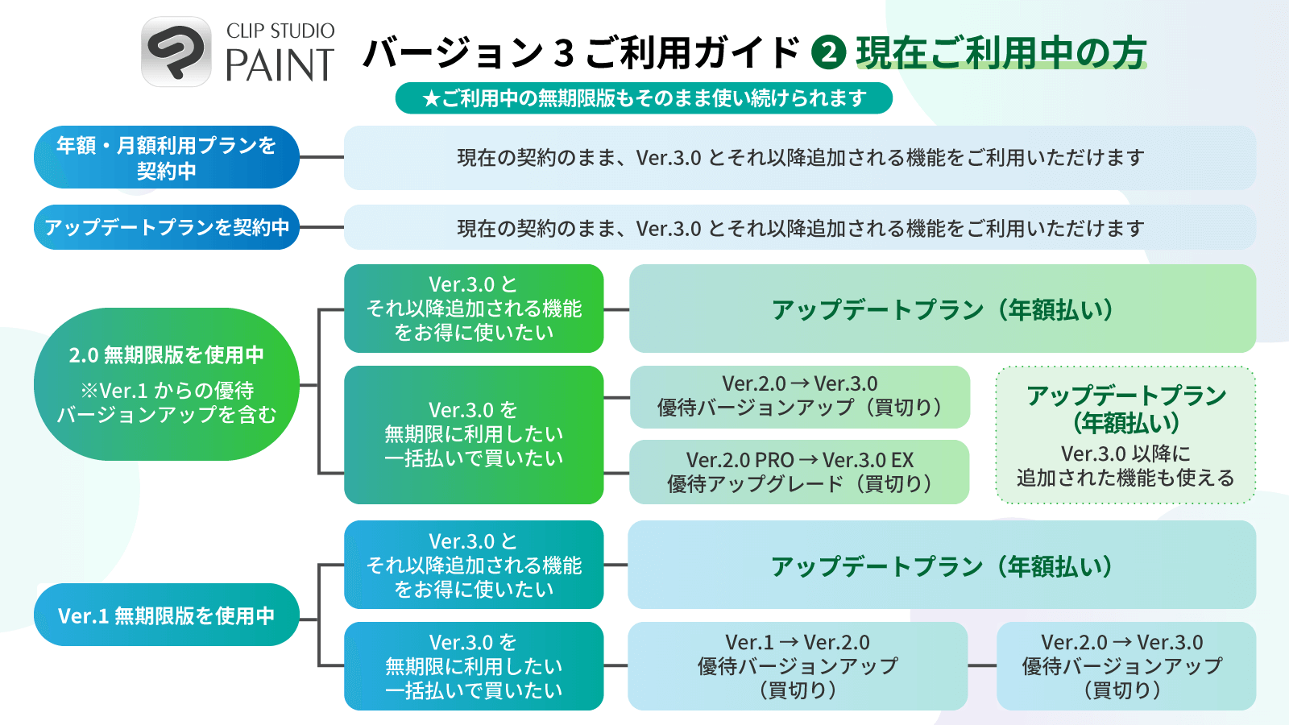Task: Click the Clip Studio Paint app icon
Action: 176,52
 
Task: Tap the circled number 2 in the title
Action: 828,52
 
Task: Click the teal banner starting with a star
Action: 644,98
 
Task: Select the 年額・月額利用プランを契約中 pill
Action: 166,157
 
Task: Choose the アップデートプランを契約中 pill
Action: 166,227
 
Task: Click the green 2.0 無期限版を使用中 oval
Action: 166,384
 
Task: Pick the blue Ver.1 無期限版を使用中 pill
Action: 166,615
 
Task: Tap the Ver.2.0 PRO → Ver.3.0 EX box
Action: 799,472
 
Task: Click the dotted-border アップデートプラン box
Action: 1125,435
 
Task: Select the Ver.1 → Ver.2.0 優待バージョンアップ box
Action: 798,666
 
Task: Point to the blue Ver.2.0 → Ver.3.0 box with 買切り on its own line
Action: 1125,666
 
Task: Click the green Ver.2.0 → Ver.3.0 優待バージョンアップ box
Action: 799,396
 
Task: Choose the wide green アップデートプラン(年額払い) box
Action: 942,309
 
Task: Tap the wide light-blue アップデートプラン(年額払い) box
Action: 942,565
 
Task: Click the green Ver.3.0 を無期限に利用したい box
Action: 474,435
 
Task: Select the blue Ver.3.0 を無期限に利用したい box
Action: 474,666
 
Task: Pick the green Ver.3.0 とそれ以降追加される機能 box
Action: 474,309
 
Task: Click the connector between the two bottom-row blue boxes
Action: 982,666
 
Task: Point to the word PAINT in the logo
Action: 279,66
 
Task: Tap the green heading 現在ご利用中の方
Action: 1001,52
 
